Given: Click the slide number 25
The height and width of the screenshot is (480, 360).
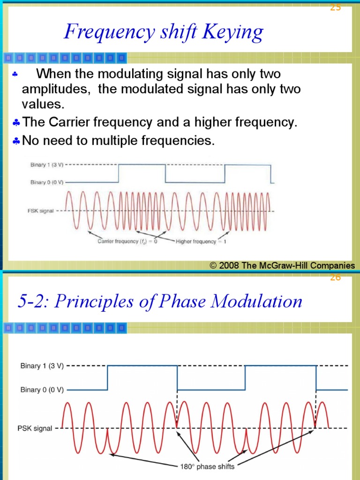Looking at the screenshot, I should pyautogui.click(x=335, y=7).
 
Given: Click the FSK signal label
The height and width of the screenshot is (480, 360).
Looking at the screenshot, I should pyautogui.click(x=41, y=211).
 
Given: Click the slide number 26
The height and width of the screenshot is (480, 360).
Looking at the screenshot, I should pyautogui.click(x=335, y=277).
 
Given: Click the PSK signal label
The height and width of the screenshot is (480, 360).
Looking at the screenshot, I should pyautogui.click(x=35, y=428).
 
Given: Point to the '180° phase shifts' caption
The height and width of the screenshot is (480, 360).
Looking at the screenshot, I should pyautogui.click(x=208, y=466).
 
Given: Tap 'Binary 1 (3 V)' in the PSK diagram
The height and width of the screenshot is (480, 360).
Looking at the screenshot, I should pyautogui.click(x=42, y=366).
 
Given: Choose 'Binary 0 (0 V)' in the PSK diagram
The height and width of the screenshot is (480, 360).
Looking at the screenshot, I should pyautogui.click(x=42, y=390).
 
